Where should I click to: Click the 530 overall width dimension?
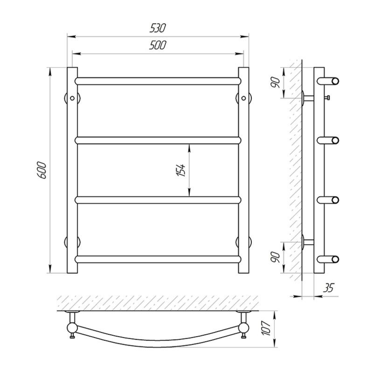pyautogui.click(x=157, y=28)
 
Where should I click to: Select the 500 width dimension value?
pyautogui.click(x=157, y=45)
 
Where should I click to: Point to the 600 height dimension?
pyautogui.click(x=42, y=170)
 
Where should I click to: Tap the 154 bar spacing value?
pyautogui.click(x=181, y=170)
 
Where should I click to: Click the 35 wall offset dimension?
pyautogui.click(x=329, y=288)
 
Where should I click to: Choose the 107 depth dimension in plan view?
pyautogui.click(x=266, y=328)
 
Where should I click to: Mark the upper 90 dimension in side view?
pyautogui.click(x=276, y=82)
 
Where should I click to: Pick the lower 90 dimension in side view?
pyautogui.click(x=276, y=257)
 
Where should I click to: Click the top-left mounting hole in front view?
pyautogui.click(x=72, y=98)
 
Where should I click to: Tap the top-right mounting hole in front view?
pyautogui.click(x=243, y=98)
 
